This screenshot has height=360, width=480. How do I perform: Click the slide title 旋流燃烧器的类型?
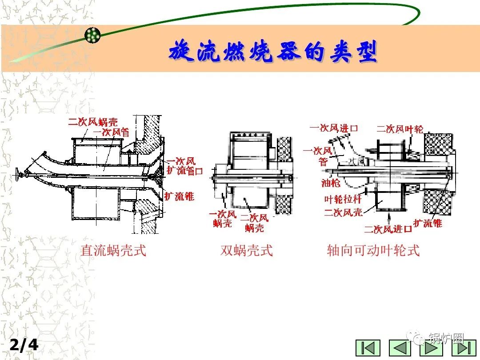(273, 52)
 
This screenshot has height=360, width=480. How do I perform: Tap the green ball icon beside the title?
(93, 34)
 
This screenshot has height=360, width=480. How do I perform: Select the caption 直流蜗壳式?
(113, 251)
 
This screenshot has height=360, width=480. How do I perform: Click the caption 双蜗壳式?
(247, 251)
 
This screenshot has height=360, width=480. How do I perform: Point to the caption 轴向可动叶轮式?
(373, 251)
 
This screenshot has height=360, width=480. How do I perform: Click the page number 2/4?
(24, 345)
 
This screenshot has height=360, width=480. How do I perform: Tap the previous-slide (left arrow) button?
(400, 348)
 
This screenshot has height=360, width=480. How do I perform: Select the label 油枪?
(331, 183)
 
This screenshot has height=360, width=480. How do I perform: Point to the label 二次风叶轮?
(400, 129)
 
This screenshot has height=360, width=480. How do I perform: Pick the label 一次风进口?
(334, 128)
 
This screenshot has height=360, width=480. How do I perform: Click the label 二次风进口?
(388, 229)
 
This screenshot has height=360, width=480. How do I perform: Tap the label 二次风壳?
(343, 212)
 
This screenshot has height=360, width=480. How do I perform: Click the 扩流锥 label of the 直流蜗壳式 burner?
(179, 196)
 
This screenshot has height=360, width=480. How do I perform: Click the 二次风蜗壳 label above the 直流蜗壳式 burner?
(93, 122)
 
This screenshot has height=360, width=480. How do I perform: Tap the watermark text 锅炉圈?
(446, 339)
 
